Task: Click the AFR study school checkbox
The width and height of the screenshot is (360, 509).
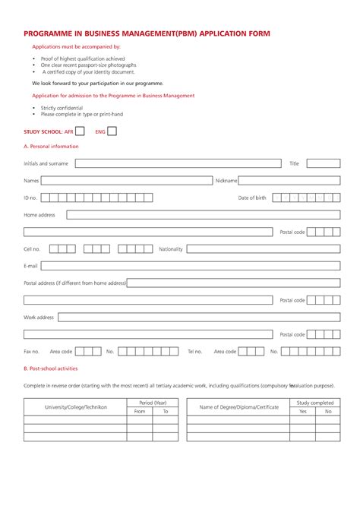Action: pyautogui.click(x=80, y=131)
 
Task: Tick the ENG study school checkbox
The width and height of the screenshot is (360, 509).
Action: pyautogui.click(x=112, y=131)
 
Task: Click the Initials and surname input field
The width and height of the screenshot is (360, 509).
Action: pyautogui.click(x=178, y=163)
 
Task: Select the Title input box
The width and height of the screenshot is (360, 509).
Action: pyautogui.click(x=324, y=163)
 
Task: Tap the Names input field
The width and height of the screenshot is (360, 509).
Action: pyautogui.click(x=127, y=181)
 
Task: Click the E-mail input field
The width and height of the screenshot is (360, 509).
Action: pyautogui.click(x=190, y=266)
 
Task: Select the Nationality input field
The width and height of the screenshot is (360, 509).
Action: pyautogui.click(x=264, y=248)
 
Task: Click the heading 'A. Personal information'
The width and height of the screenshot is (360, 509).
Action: pyautogui.click(x=51, y=146)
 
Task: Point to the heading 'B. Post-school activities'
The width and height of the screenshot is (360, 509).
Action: pyautogui.click(x=51, y=368)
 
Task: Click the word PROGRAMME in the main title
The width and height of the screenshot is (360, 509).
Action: pyautogui.click(x=50, y=34)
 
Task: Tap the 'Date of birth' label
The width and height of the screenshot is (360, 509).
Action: pyautogui.click(x=252, y=198)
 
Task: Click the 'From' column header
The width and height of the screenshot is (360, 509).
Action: pyautogui.click(x=140, y=411)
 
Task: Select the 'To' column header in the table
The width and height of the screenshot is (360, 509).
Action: pyautogui.click(x=165, y=411)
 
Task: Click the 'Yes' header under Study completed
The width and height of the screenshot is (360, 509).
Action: pyautogui.click(x=303, y=411)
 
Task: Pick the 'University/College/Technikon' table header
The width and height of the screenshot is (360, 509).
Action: pyautogui.click(x=75, y=407)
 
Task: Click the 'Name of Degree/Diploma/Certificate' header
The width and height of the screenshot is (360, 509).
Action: pyautogui.click(x=239, y=407)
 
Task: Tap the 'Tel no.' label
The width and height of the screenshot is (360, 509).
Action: pyautogui.click(x=195, y=352)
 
